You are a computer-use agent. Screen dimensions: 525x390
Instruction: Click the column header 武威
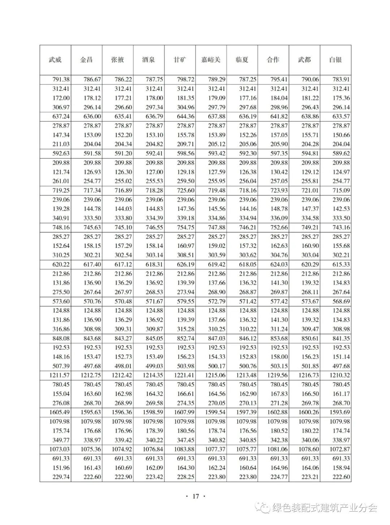[55, 60]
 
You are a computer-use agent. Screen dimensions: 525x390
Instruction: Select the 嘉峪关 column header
[211, 60]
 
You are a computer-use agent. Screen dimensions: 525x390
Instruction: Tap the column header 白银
[335, 60]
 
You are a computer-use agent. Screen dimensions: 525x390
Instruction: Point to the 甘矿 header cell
[180, 60]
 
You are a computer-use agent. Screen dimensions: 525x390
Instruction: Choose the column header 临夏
[242, 60]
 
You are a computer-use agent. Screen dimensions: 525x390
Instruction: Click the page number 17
[195, 496]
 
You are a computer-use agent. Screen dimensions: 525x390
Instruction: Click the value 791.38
[61, 79]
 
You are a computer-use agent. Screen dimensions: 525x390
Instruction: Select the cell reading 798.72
[186, 79]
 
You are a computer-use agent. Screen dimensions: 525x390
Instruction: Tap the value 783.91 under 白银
[341, 79]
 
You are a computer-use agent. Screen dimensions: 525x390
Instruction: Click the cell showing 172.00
[61, 98]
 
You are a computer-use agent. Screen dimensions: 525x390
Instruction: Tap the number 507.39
[61, 366]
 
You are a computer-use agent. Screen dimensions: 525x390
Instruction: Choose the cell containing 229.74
[61, 477]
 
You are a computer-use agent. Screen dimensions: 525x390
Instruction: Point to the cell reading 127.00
[155, 172]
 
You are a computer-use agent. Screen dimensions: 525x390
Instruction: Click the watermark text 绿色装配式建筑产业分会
[324, 508]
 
